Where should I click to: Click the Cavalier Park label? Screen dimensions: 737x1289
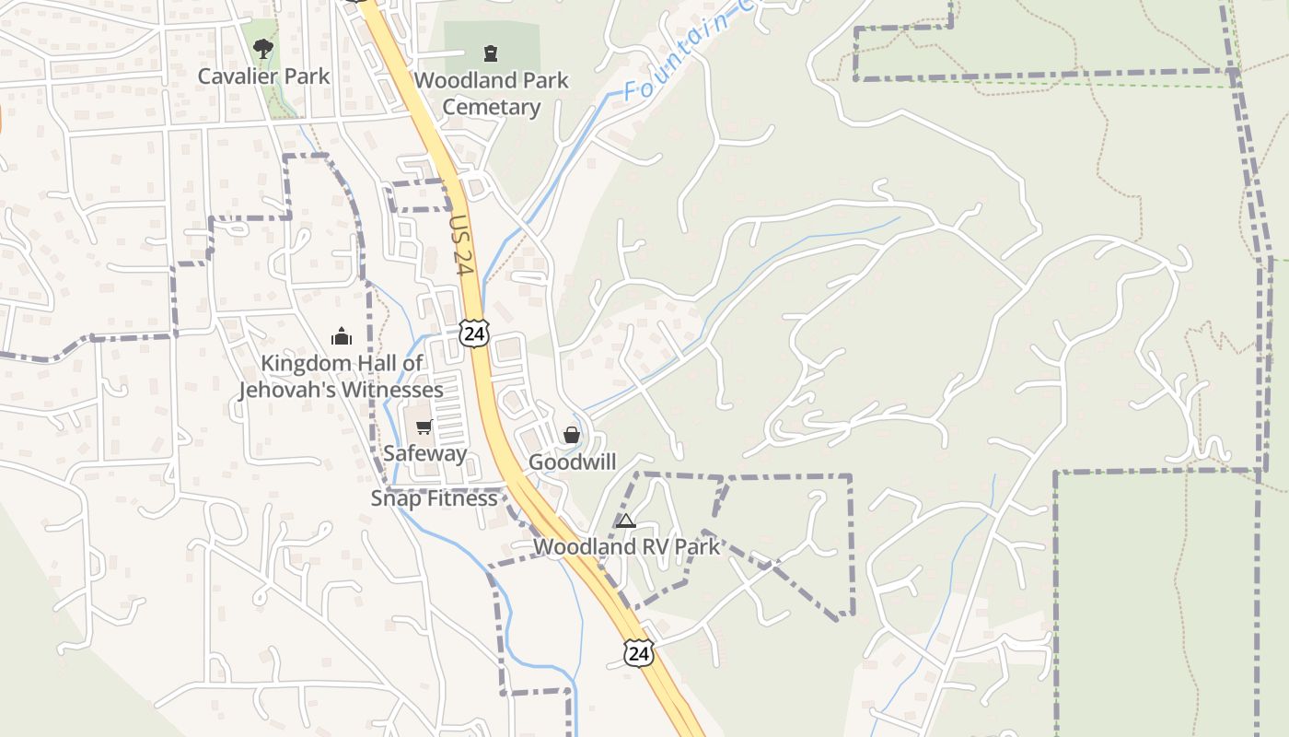[x=263, y=76]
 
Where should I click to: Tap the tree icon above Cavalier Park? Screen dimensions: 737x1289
[x=263, y=48]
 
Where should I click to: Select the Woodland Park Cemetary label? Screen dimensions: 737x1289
[x=492, y=93]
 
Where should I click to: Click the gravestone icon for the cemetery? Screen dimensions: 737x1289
[x=491, y=53]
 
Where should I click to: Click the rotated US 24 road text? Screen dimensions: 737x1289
[x=462, y=245]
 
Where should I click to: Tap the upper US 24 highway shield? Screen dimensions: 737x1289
[x=475, y=333]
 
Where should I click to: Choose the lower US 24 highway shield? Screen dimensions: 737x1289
[x=638, y=653]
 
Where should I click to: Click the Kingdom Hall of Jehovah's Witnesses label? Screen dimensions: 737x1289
[x=342, y=376]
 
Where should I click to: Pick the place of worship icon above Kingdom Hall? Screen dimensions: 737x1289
[x=342, y=336]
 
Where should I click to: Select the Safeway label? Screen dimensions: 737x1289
[x=424, y=453]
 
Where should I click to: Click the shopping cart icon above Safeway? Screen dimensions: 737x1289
[x=424, y=427]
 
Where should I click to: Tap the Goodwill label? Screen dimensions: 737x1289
[x=572, y=462]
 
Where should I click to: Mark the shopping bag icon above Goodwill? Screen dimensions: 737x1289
[x=572, y=435]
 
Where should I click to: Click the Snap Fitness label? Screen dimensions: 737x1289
[x=434, y=498]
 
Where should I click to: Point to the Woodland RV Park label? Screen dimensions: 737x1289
[x=626, y=546]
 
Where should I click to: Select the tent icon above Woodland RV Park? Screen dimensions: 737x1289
[x=626, y=521]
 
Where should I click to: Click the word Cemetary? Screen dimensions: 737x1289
[x=492, y=107]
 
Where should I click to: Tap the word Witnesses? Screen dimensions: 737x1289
[x=392, y=390]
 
